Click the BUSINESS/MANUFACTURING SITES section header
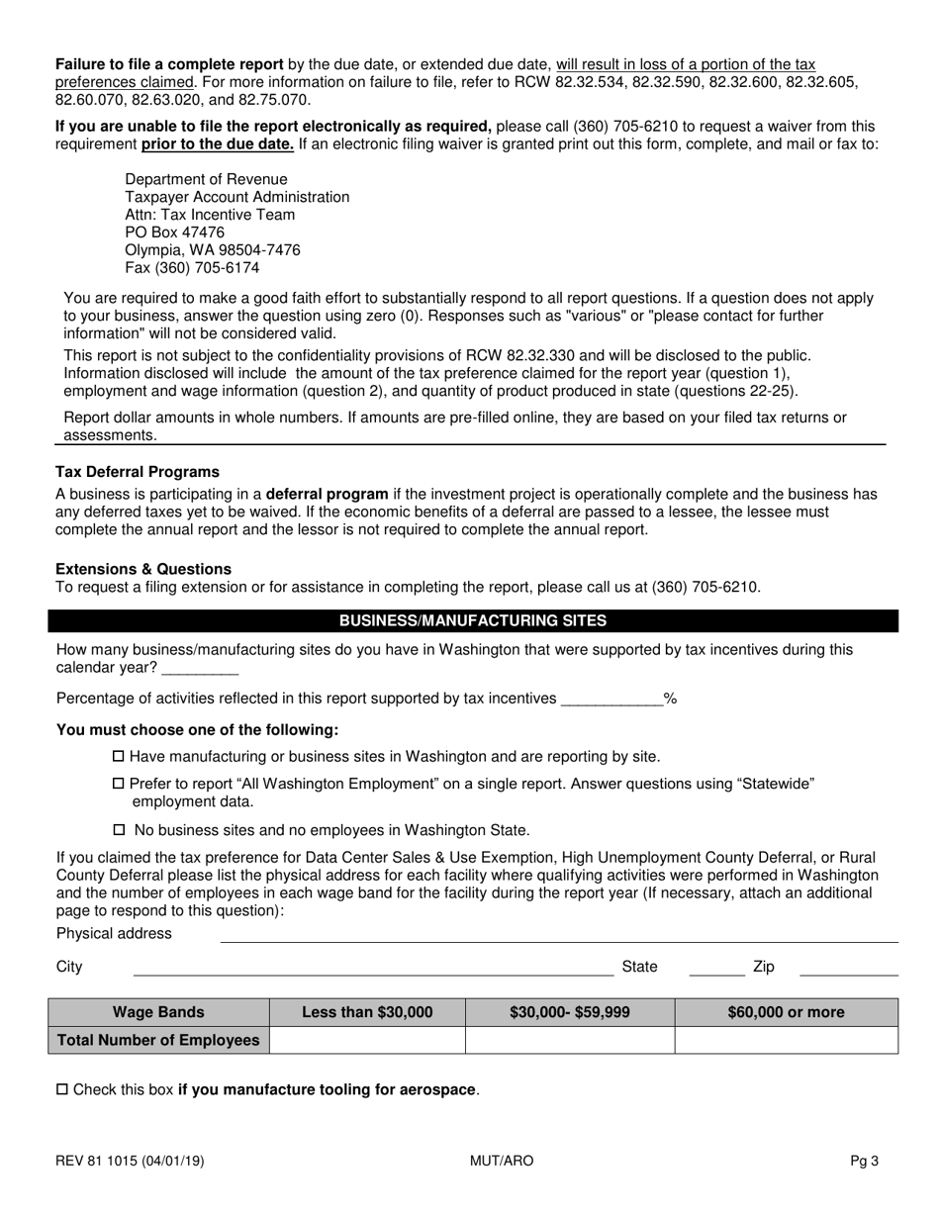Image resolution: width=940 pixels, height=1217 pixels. click(473, 621)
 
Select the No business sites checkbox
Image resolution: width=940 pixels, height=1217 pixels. click(120, 830)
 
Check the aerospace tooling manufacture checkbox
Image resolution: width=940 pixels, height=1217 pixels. click(62, 1090)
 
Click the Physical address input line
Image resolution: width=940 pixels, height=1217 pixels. click(559, 935)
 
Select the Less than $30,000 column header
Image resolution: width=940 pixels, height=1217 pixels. click(367, 1012)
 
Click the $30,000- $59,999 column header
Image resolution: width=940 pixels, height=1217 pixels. click(570, 1012)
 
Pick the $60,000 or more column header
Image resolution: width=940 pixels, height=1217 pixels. click(787, 1012)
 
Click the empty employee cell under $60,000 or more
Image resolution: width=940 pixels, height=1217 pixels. click(787, 1040)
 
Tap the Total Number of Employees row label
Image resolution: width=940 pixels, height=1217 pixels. click(159, 1040)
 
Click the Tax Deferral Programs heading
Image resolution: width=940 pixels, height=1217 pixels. click(138, 472)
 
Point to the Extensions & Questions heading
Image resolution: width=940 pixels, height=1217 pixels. click(143, 569)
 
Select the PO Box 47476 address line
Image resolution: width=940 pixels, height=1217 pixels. click(174, 233)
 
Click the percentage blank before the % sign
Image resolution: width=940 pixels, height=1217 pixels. click(611, 699)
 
